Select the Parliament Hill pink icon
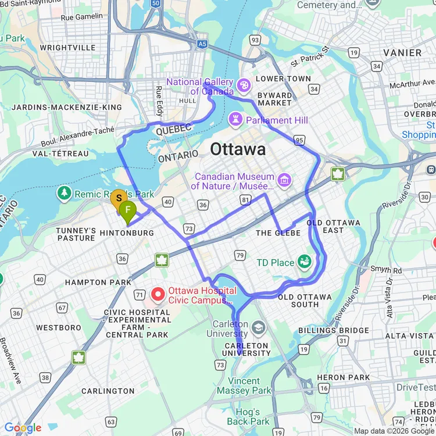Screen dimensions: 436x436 pos(235,120)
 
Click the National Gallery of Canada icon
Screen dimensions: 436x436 pos(244,85)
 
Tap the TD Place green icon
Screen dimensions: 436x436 pos(303,262)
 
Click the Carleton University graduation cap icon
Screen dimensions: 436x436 pos(258,329)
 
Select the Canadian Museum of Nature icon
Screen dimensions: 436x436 pos(284,180)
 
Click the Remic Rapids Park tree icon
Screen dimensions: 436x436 pos(64,193)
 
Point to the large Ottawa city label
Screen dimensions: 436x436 pos(238,149)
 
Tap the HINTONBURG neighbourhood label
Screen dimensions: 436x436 pos(126,233)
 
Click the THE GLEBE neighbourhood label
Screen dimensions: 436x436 pos(278,233)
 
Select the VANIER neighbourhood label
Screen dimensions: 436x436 pos(402,53)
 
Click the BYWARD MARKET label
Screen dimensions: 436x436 pos(275,99)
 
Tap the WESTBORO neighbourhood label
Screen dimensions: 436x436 pos(59,328)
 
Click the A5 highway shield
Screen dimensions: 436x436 pos(202,44)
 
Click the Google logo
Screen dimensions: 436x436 pos(23,428)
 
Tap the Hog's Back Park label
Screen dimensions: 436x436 pos(248,416)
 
